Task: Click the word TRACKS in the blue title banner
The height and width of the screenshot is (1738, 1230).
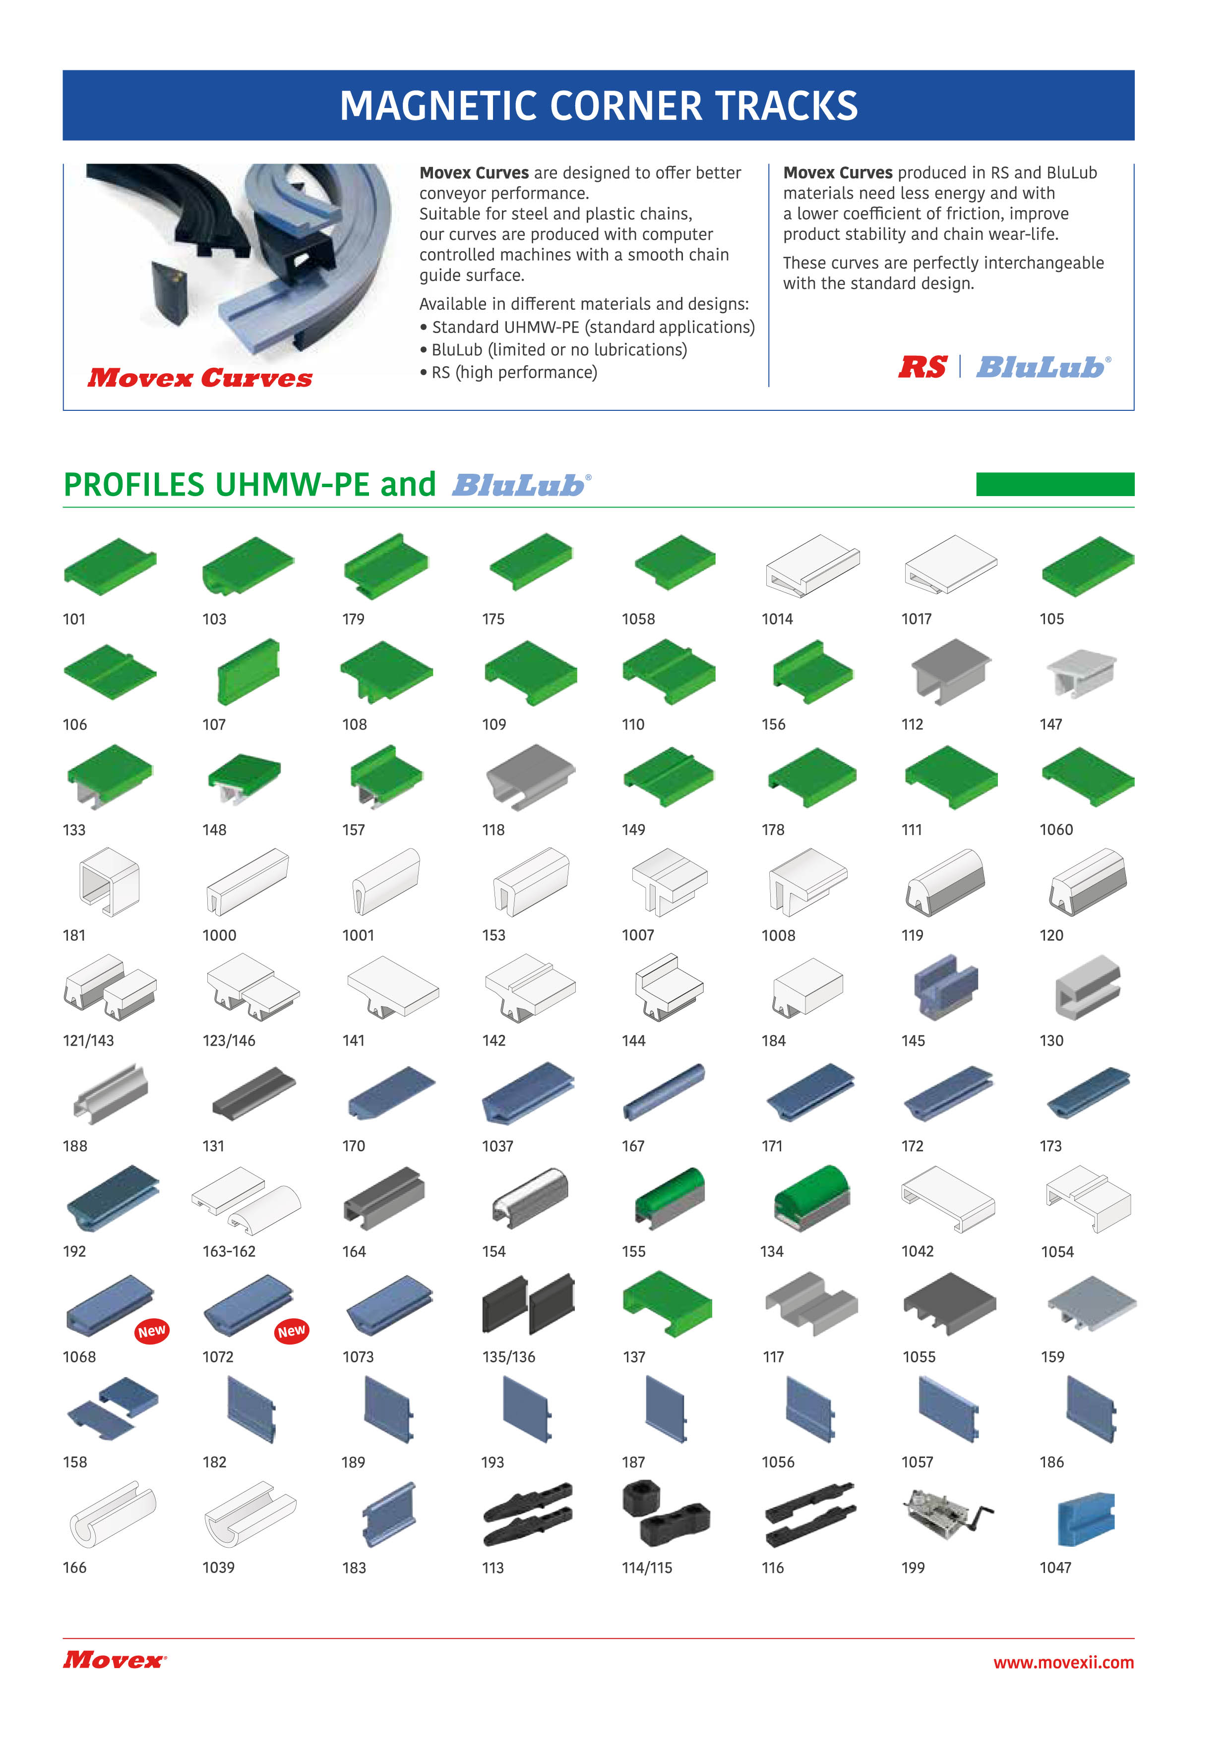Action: (x=786, y=106)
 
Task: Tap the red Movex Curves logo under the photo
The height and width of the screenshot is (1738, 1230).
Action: (x=200, y=378)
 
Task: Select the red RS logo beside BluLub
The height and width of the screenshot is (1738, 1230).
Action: (x=922, y=367)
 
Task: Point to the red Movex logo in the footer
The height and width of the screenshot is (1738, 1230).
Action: (x=115, y=1660)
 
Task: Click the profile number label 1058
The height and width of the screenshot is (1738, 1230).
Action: (x=638, y=619)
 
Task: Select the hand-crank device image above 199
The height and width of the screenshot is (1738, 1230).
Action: (x=947, y=1514)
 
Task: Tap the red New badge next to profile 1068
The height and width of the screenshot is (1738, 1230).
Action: (x=151, y=1331)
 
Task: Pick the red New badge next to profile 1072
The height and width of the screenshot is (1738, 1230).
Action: (x=292, y=1331)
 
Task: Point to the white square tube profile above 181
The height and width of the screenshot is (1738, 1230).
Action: (x=110, y=882)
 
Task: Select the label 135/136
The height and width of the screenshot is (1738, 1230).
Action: (x=509, y=1357)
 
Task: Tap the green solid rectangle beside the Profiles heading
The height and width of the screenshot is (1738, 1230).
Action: (x=1055, y=485)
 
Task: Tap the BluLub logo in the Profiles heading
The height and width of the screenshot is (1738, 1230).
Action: (x=522, y=485)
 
